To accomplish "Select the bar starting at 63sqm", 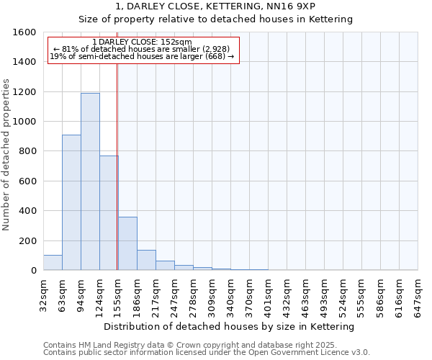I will [71, 202].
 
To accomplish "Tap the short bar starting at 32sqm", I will [53, 263].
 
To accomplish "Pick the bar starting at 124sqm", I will [109, 213].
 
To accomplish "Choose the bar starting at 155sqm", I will [127, 243].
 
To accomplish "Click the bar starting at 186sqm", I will [146, 260].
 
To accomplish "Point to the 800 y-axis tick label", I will [28, 151].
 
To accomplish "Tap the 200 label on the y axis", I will [28, 240].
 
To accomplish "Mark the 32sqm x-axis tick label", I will [43, 293].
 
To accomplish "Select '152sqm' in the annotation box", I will [177, 42].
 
